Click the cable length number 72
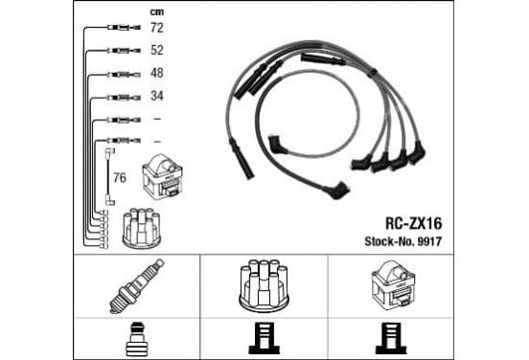[157, 28]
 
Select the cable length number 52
[157, 50]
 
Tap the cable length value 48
[157, 73]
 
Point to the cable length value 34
[157, 96]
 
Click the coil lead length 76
[120, 178]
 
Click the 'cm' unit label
[157, 12]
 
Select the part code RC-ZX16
[414, 223]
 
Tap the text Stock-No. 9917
[403, 241]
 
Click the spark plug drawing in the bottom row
[137, 286]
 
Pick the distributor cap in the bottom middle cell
[264, 285]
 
